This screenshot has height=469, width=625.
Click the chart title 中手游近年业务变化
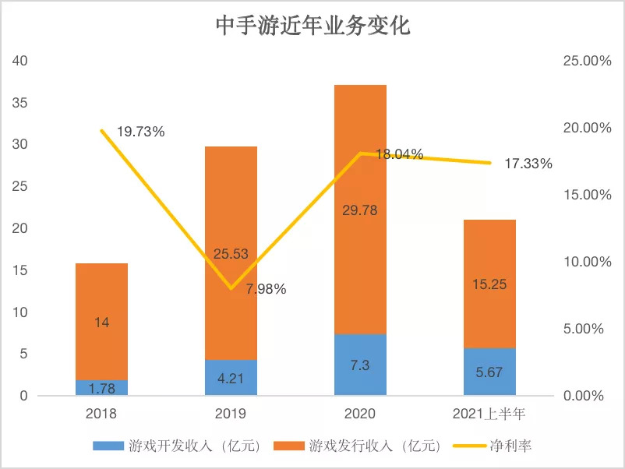click(x=312, y=27)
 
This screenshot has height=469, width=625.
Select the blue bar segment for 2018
click(x=101, y=387)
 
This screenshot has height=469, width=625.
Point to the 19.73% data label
click(x=141, y=132)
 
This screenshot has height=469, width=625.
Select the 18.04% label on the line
click(x=399, y=154)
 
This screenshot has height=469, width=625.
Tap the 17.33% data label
click(x=528, y=164)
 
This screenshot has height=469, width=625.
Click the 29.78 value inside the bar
click(x=359, y=209)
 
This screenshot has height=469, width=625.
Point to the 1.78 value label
click(x=101, y=387)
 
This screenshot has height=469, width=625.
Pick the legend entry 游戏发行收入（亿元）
click(x=366, y=446)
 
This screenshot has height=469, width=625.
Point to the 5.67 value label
click(x=489, y=372)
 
